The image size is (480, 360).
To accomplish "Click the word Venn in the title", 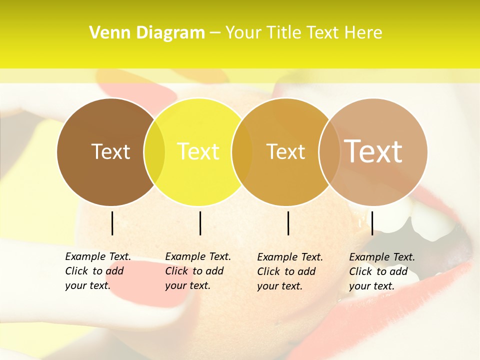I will pyautogui.click(x=106, y=32).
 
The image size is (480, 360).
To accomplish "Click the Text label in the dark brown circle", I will pyautogui.click(x=110, y=151).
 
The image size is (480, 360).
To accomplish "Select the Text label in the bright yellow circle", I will pyautogui.click(x=198, y=151).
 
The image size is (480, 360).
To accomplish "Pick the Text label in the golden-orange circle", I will pyautogui.click(x=285, y=151).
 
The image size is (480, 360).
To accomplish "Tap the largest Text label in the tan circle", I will pyautogui.click(x=373, y=151).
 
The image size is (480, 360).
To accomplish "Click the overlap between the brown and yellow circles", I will pyautogui.click(x=154, y=152).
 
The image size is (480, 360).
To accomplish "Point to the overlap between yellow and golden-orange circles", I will pyautogui.click(x=242, y=152).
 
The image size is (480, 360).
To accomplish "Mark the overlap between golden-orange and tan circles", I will pyautogui.click(x=329, y=152).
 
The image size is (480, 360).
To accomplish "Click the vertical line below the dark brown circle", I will pyautogui.click(x=112, y=223).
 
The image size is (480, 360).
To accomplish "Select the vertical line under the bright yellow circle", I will pyautogui.click(x=200, y=223).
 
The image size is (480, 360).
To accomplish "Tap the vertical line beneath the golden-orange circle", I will pyautogui.click(x=288, y=223).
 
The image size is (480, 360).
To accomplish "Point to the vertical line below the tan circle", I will pyautogui.click(x=372, y=223).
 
